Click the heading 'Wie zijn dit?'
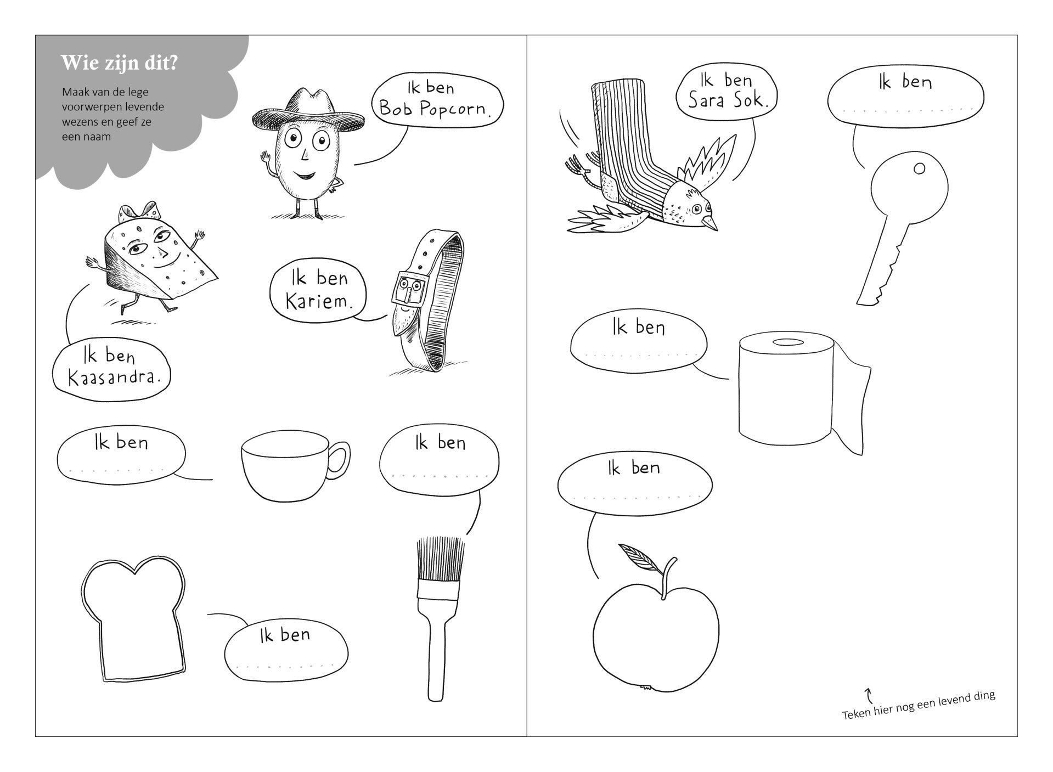[x=119, y=63]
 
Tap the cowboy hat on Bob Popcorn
[x=308, y=112]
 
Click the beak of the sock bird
[x=711, y=222]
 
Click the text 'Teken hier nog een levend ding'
[x=918, y=705]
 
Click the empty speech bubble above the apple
[x=635, y=483]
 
